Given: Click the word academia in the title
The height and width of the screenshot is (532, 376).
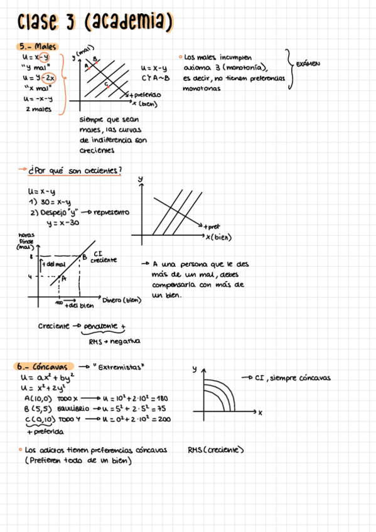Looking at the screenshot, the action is (129, 23).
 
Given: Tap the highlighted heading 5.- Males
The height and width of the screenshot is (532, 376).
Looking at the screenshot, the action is (38, 46).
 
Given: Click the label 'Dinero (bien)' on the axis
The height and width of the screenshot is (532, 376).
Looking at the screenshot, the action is (122, 300).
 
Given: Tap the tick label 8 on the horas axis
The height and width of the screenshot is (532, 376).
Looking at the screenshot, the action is (31, 257).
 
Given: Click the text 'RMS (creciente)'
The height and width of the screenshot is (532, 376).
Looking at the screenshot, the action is (215, 450).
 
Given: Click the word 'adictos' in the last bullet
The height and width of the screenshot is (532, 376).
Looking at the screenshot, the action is (63, 450).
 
